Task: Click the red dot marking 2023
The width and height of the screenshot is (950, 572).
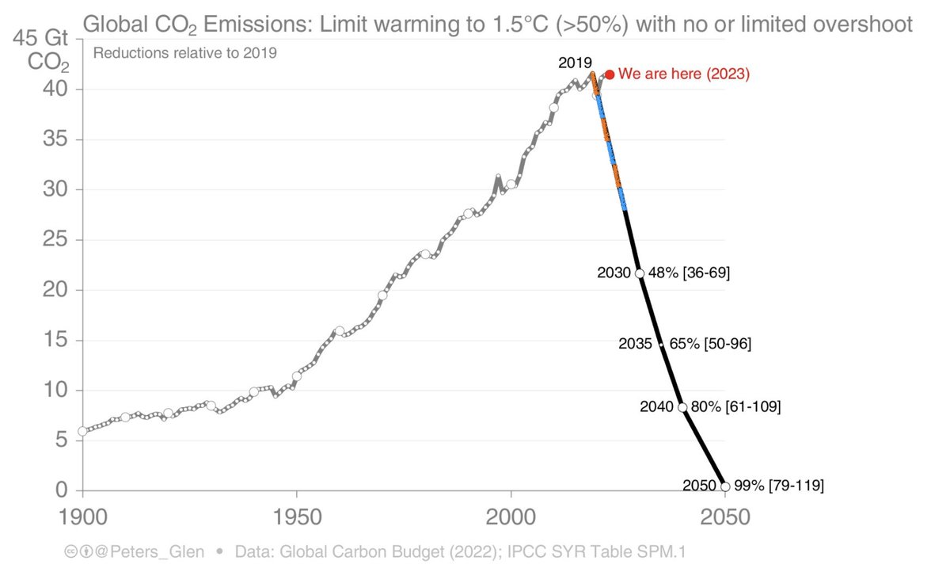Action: (x=610, y=74)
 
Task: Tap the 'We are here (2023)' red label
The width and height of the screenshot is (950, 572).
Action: (x=683, y=74)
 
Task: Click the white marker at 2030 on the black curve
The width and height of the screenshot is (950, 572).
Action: (x=640, y=273)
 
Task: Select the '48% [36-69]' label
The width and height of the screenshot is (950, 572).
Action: (x=689, y=273)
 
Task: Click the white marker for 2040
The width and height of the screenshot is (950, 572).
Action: (x=682, y=407)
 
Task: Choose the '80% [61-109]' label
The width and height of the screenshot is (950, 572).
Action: (x=736, y=407)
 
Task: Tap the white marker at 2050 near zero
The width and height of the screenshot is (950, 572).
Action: (x=725, y=486)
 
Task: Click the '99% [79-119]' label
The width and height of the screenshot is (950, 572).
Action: (x=779, y=486)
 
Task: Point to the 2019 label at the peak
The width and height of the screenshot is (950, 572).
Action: (x=575, y=63)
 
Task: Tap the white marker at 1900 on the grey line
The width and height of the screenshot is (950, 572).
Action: (x=82, y=431)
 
